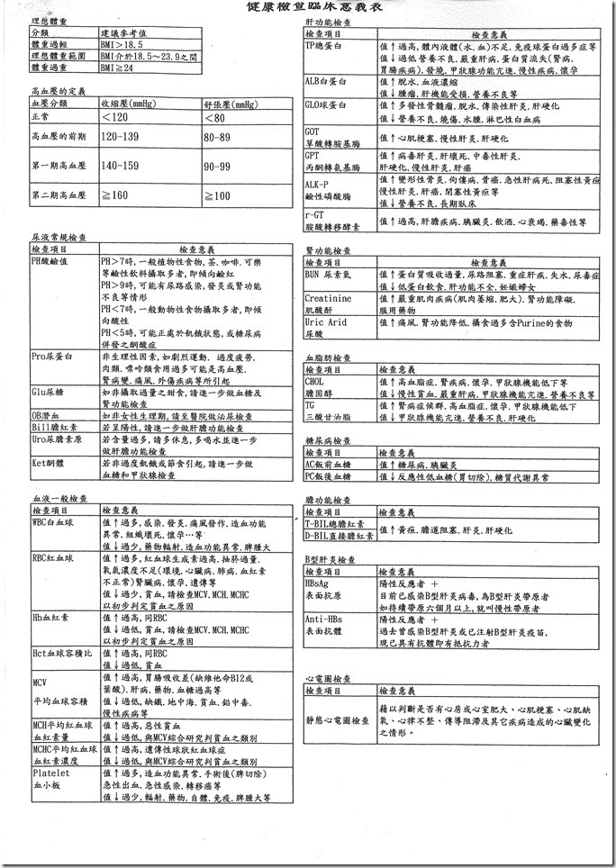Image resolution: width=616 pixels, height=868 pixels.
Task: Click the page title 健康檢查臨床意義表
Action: [x=308, y=7]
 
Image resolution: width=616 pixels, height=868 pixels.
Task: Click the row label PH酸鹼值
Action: [x=53, y=260]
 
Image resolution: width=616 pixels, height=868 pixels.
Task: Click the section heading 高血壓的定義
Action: [x=57, y=91]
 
